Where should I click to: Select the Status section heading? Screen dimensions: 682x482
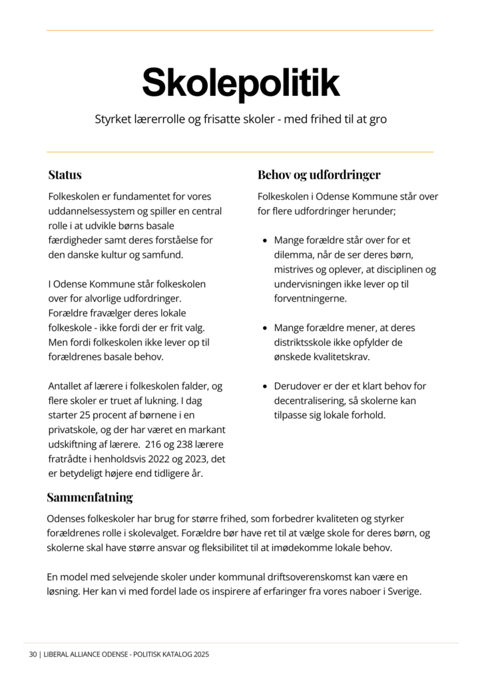point(65,175)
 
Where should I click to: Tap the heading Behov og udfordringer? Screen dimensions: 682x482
point(319,175)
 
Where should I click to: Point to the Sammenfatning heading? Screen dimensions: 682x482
point(90,498)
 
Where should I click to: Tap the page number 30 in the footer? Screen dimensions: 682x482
point(33,655)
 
